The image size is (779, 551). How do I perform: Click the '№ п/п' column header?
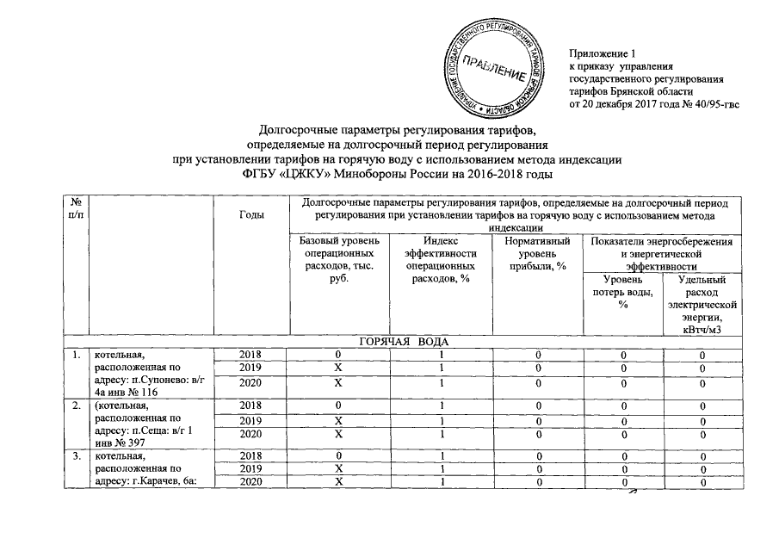pos(72,207)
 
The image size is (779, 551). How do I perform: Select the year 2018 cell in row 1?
pos(251,356)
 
